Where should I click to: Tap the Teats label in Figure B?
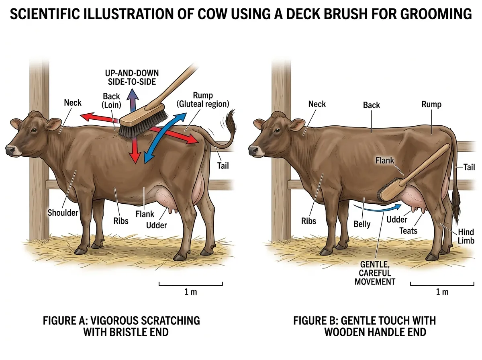(408, 231)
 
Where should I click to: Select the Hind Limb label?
(466, 236)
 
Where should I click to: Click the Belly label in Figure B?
(362, 224)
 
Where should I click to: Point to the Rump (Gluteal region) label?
(203, 99)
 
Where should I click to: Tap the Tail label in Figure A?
(223, 165)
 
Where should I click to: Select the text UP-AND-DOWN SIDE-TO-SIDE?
(132, 78)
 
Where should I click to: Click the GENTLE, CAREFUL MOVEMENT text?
(378, 273)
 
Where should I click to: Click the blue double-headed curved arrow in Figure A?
(165, 137)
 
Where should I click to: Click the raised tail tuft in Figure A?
(231, 121)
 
